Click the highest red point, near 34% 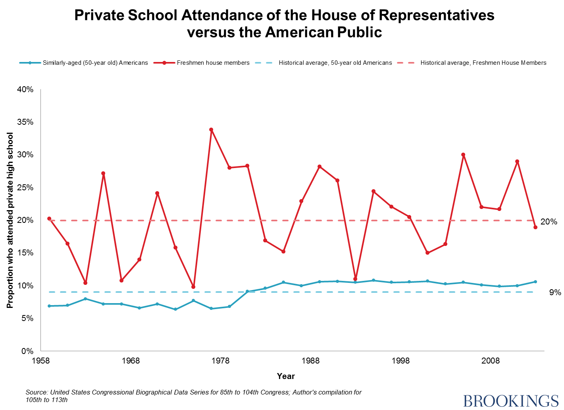click(x=211, y=130)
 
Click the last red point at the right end click(x=535, y=227)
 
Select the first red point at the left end click(x=49, y=219)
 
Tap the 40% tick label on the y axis click(x=25, y=89)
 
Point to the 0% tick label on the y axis click(x=27, y=351)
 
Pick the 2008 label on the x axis click(x=490, y=361)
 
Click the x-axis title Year click(x=286, y=376)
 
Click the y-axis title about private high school click(x=10, y=220)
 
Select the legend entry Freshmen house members click(x=213, y=63)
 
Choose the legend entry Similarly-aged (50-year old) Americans click(x=95, y=63)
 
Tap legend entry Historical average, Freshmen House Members click(x=483, y=63)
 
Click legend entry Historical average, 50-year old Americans click(x=335, y=63)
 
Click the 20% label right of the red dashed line click(x=549, y=222)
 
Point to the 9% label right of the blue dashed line click(x=555, y=292)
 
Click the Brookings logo click(x=511, y=400)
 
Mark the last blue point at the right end click(x=535, y=282)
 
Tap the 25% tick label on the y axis click(x=25, y=188)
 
